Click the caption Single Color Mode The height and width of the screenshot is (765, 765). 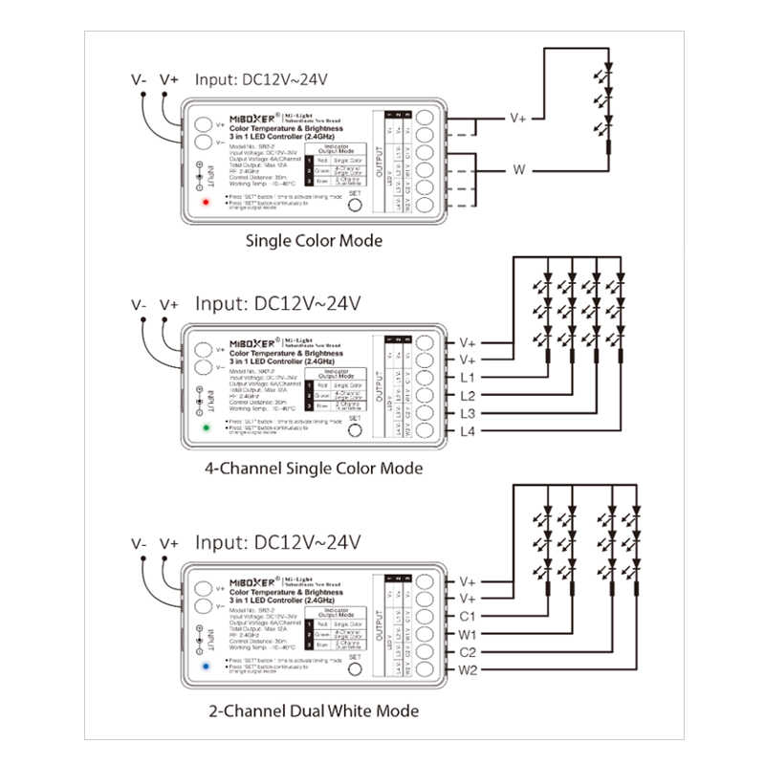(315, 241)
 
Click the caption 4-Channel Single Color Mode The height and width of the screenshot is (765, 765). (314, 470)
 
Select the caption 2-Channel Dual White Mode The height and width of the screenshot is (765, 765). (314, 710)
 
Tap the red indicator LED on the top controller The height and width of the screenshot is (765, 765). (206, 204)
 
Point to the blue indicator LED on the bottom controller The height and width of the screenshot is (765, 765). (206, 664)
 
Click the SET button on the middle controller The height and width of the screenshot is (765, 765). (355, 429)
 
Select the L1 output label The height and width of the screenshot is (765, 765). (467, 378)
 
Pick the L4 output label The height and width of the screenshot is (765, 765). (467, 431)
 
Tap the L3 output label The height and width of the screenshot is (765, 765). (467, 413)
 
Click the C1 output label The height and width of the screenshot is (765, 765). (468, 617)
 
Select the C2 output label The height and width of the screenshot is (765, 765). (468, 652)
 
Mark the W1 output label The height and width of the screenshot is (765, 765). (468, 634)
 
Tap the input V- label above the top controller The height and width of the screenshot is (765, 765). (140, 79)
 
